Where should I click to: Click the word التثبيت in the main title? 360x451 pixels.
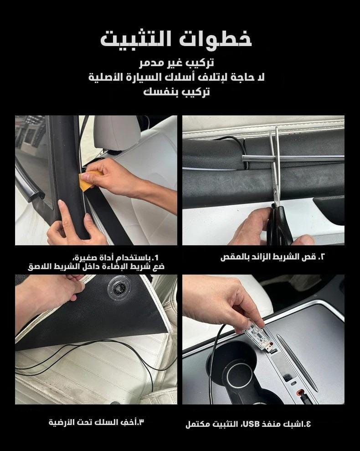tap(136, 39)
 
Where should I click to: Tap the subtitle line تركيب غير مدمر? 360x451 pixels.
tap(177, 63)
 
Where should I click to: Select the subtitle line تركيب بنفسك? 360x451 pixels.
tap(176, 92)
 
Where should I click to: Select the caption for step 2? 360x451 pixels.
tap(273, 257)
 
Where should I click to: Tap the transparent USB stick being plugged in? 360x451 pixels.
tap(258, 337)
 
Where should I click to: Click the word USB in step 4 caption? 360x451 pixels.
tap(252, 424)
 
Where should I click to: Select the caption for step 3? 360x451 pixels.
tap(96, 423)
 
